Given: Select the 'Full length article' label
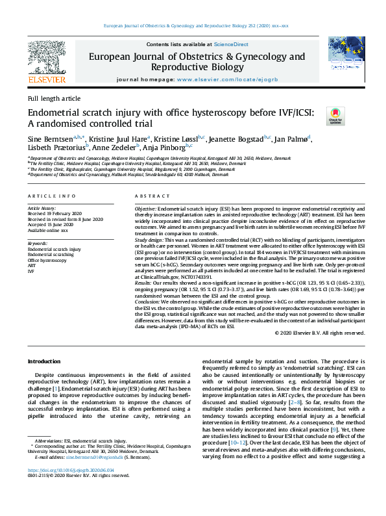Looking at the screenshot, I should (x=54, y=98).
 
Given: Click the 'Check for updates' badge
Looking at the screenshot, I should (x=335, y=117).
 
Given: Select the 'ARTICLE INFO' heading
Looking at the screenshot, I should (x=52, y=196).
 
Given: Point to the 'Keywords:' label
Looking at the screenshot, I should (x=38, y=243).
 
